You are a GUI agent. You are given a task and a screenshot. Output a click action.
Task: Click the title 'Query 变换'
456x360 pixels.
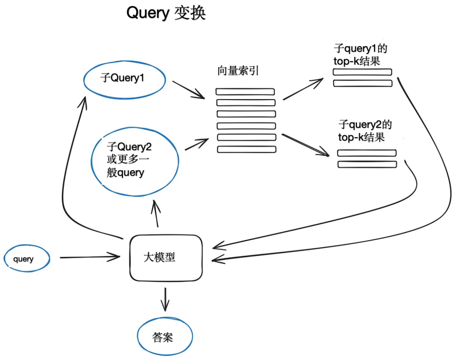166,13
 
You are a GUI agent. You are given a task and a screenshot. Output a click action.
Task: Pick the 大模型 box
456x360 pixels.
166,257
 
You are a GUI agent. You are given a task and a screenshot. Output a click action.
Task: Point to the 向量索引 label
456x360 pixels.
238,71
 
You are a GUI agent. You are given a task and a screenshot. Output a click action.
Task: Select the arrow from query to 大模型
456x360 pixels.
90,257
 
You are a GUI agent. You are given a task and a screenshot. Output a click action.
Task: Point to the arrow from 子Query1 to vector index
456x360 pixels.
188,89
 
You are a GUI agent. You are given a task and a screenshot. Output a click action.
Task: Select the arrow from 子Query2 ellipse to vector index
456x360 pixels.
197,144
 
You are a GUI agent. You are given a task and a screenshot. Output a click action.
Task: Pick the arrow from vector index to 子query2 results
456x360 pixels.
305,145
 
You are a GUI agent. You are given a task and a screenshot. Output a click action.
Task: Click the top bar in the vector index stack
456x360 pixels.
245,92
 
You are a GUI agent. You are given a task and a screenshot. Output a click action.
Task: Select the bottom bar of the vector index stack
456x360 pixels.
247,149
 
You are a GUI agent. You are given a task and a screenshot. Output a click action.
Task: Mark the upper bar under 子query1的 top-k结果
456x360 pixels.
362,72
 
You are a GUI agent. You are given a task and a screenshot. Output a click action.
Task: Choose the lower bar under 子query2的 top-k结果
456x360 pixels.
367,164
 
